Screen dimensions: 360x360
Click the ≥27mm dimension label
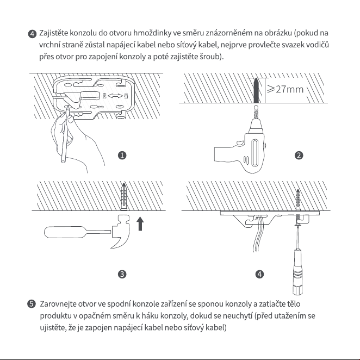pyautogui.click(x=285, y=89)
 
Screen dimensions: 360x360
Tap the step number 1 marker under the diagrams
pyautogui.click(x=122, y=156)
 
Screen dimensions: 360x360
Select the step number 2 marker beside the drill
pyautogui.click(x=299, y=156)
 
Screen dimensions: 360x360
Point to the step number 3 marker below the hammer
pyautogui.click(x=122, y=274)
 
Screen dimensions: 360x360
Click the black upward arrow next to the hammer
pyautogui.click(x=140, y=224)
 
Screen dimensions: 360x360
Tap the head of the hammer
pyautogui.click(x=120, y=231)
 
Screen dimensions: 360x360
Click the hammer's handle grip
pyautogui.click(x=64, y=232)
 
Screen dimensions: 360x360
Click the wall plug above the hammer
pyautogui.click(x=124, y=196)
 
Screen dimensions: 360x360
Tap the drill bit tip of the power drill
pyautogui.click(x=256, y=107)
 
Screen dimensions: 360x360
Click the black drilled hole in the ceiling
pyautogui.click(x=256, y=90)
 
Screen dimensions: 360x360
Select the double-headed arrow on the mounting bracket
pyautogui.click(x=115, y=96)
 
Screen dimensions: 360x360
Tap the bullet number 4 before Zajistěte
pyautogui.click(x=32, y=34)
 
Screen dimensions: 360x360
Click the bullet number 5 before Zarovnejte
pyautogui.click(x=32, y=304)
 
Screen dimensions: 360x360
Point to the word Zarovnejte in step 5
pyautogui.click(x=58, y=304)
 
